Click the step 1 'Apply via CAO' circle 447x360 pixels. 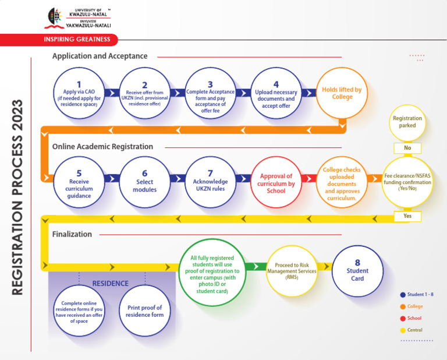(79, 93)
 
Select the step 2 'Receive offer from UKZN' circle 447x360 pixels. (145, 93)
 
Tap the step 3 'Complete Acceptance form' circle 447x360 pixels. (211, 93)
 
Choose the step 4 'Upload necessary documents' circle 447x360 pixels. (276, 93)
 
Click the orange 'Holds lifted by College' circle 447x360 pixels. (342, 93)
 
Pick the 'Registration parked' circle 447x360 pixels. (407, 122)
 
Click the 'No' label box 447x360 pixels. (407, 148)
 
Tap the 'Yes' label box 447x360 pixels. (407, 216)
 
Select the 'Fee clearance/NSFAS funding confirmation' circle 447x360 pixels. (407, 181)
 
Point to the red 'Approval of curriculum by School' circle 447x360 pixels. (276, 182)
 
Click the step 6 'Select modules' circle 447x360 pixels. (145, 182)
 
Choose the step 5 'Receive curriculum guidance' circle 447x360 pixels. (79, 182)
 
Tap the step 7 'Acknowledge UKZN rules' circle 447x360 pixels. (211, 182)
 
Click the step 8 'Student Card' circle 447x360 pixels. (357, 271)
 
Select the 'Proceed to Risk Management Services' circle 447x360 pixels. (292, 270)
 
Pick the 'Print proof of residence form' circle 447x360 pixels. (145, 310)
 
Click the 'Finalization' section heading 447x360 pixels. (72, 234)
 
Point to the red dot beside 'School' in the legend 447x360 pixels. (403, 318)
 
